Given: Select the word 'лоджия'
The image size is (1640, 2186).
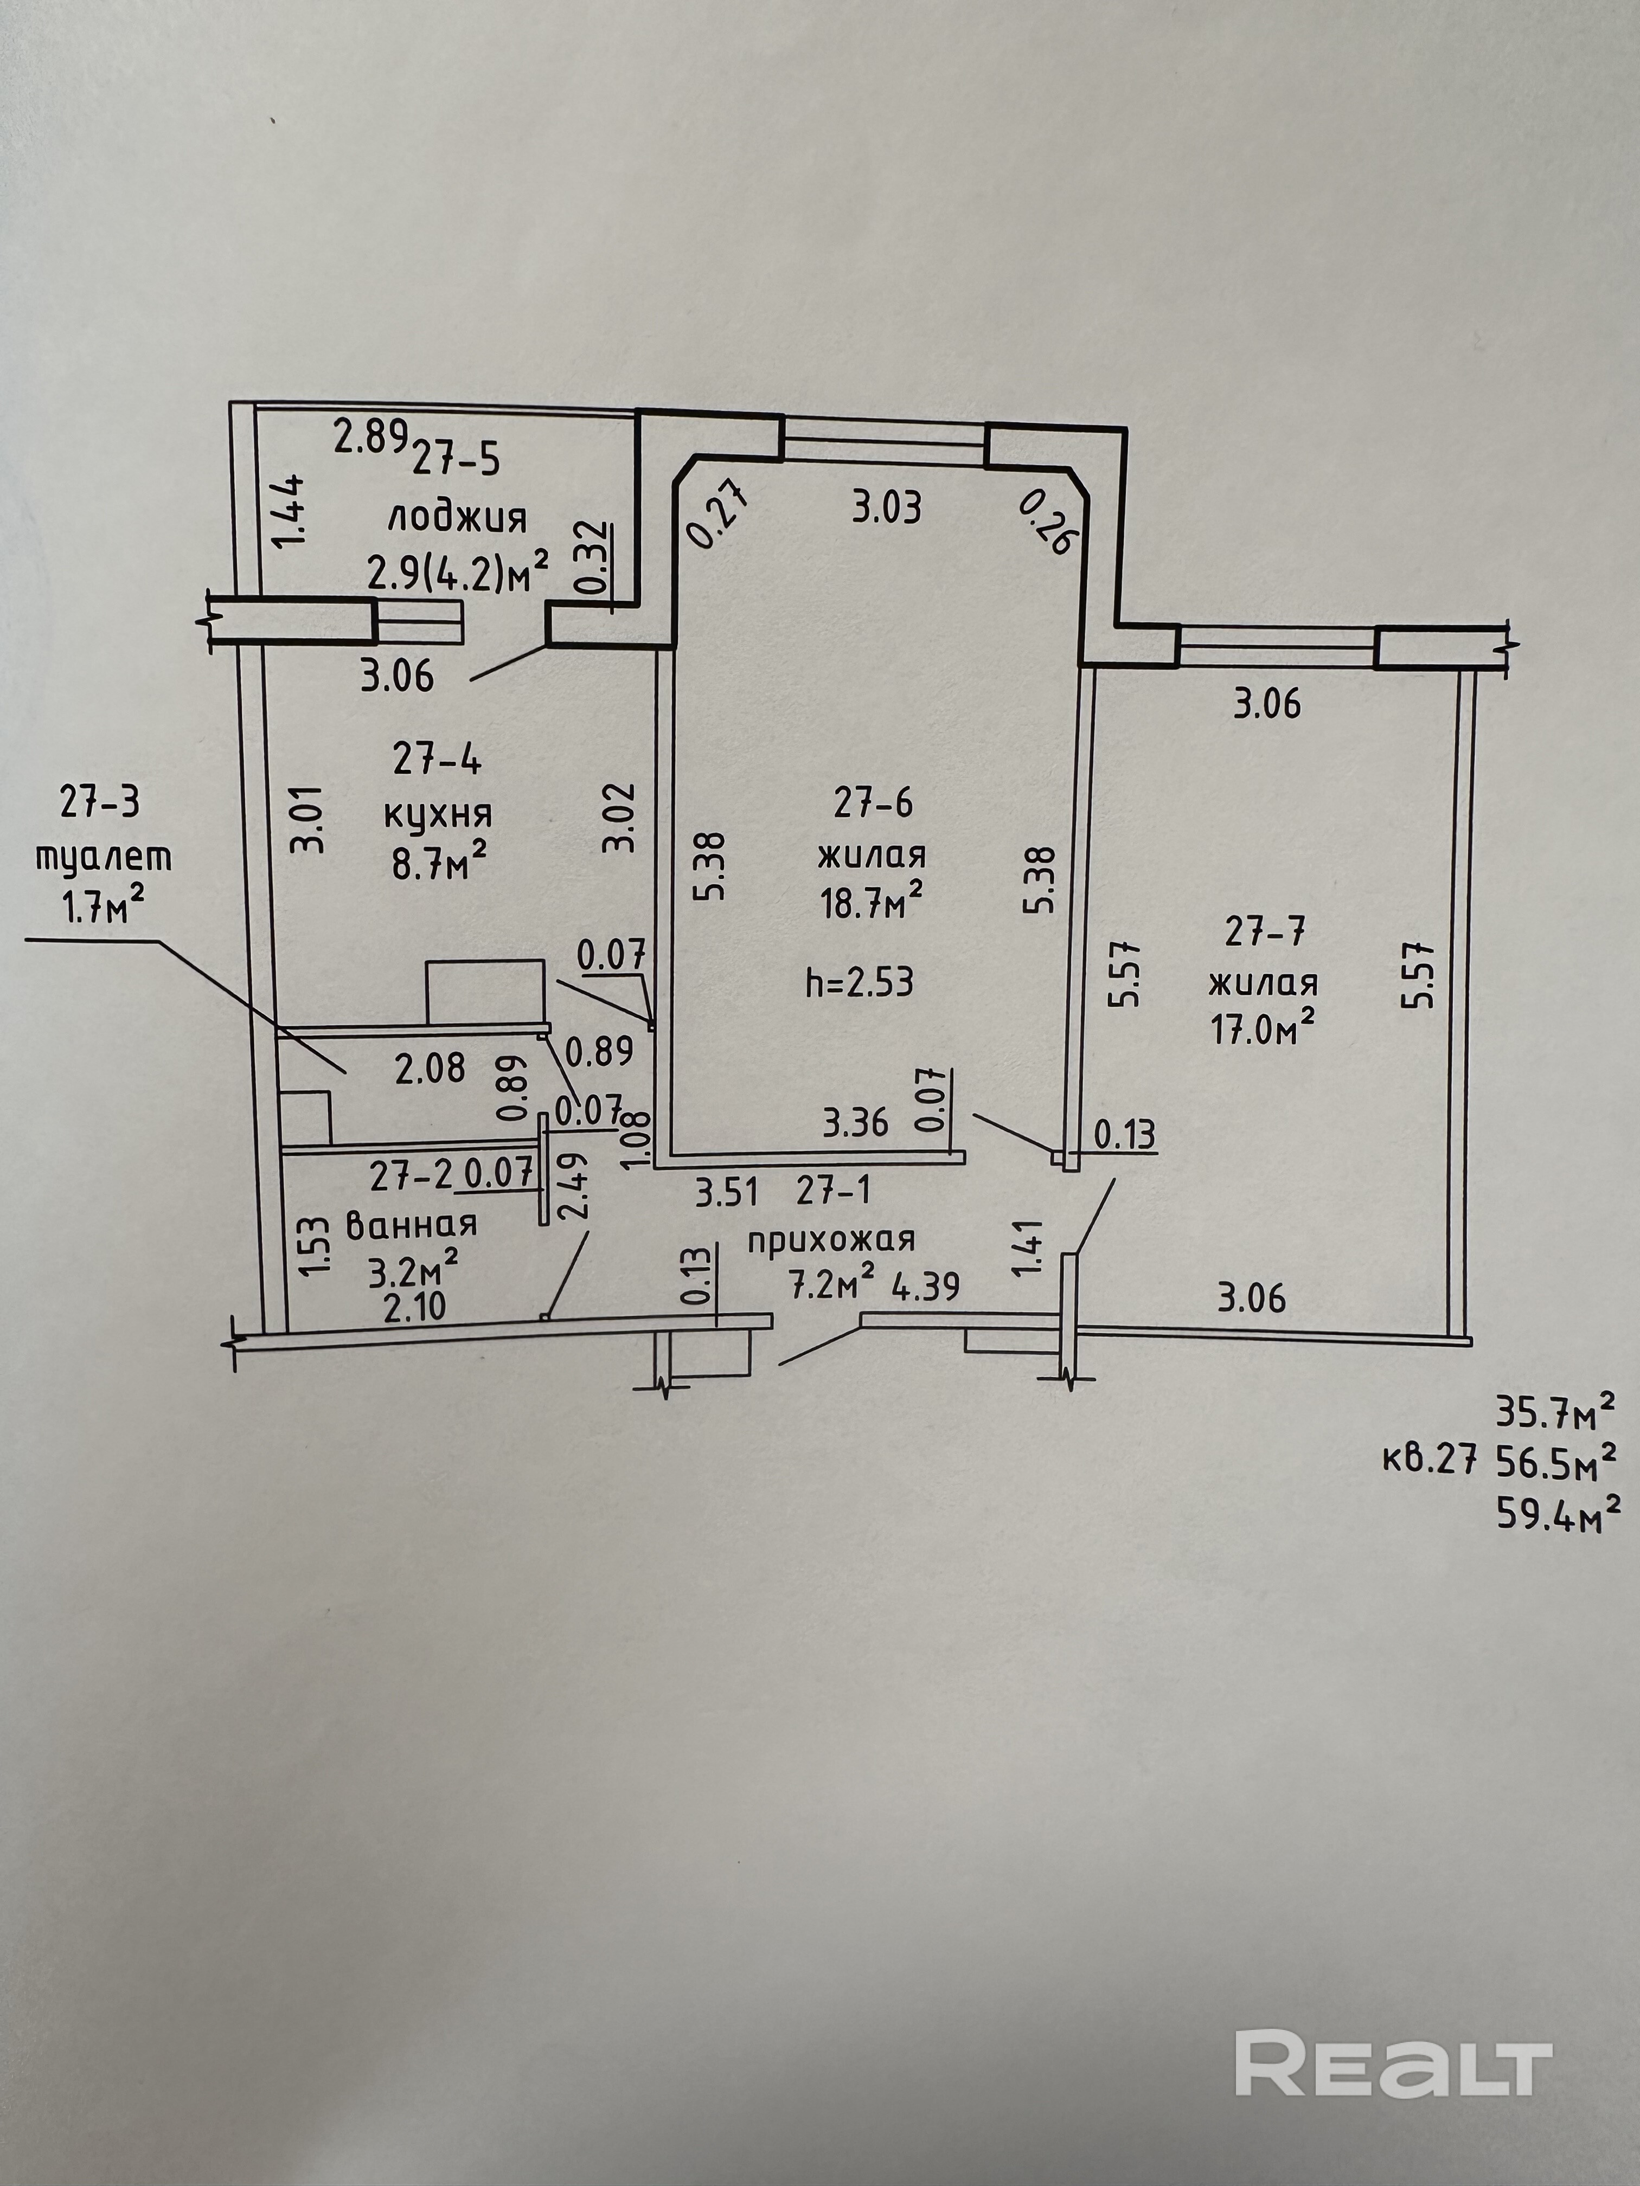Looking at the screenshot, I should (x=458, y=518).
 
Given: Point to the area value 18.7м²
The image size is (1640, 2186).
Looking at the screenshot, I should (x=871, y=902).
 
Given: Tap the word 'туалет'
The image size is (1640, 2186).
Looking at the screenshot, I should (x=104, y=856).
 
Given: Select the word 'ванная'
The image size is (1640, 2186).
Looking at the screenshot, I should (x=410, y=1224).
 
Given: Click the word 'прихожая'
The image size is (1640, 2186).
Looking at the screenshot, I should (x=831, y=1239).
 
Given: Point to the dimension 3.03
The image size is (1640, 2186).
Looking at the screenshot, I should (x=886, y=508).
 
